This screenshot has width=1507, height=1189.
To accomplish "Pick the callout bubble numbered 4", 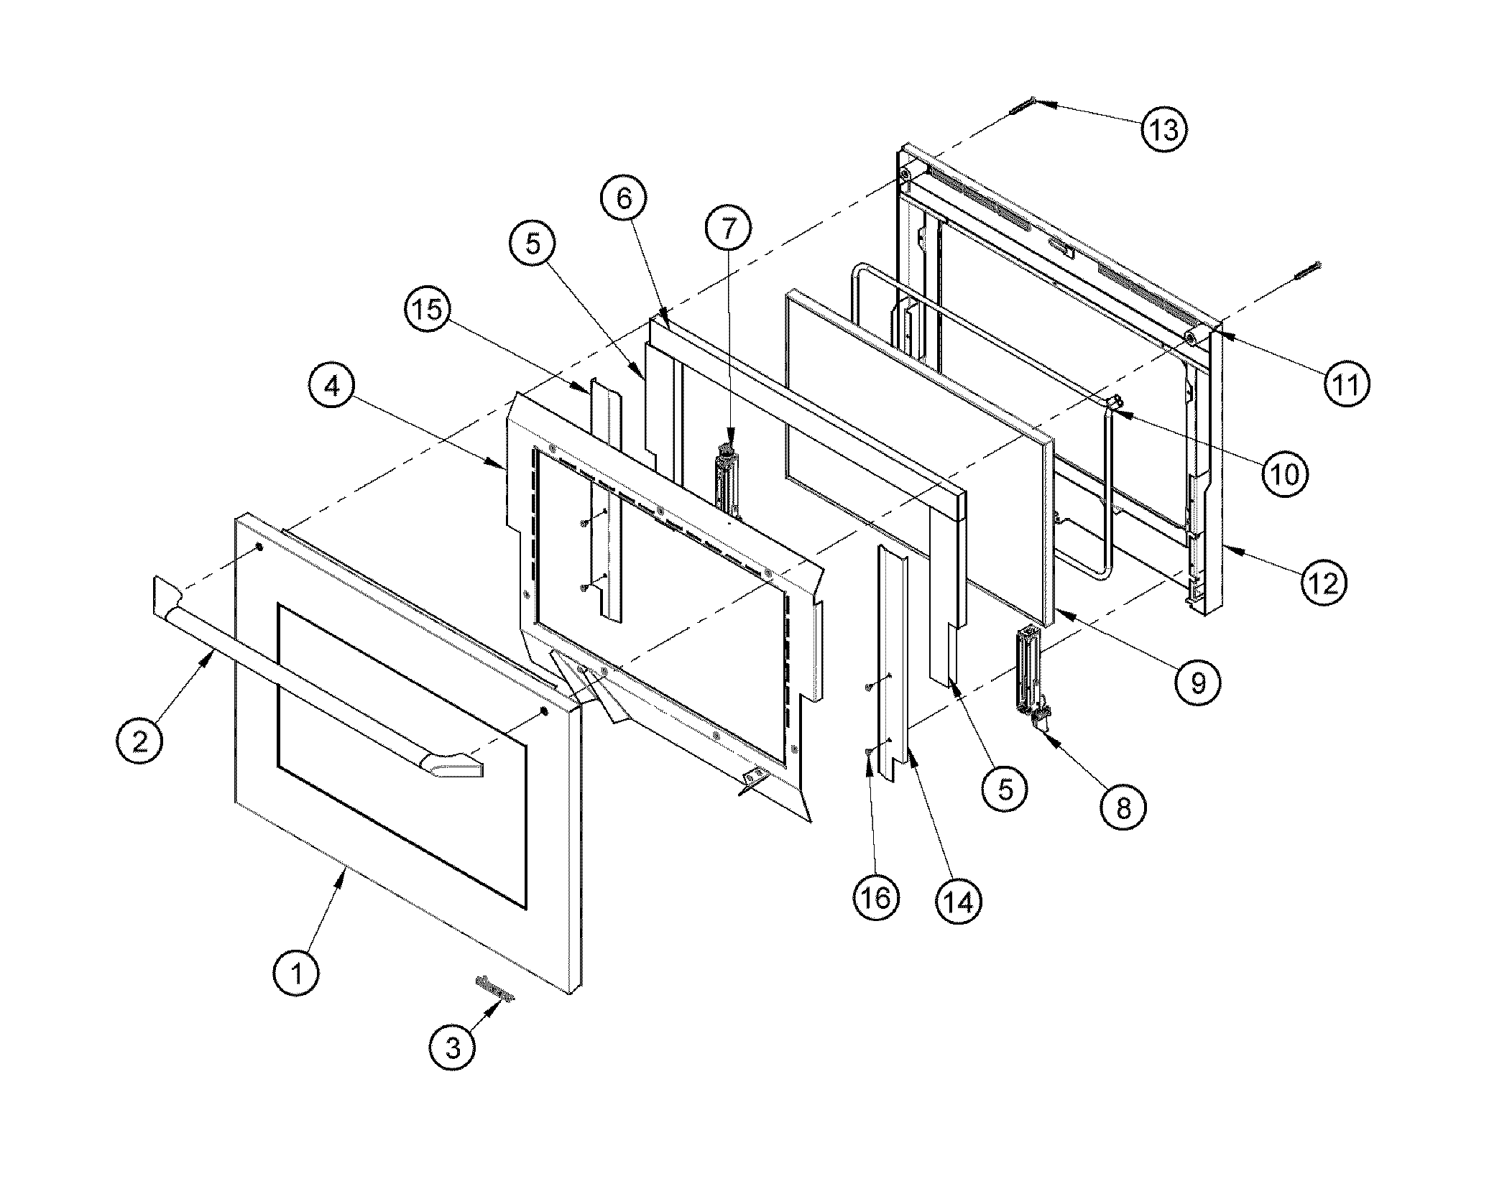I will tap(331, 388).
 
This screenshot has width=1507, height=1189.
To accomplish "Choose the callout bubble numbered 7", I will tap(728, 228).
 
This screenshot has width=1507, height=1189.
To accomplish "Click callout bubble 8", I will tap(1123, 808).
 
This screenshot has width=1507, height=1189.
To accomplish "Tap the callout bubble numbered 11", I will tap(1346, 384).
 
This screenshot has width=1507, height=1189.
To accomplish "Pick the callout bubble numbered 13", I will tap(1163, 129).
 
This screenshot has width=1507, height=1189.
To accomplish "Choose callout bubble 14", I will tap(958, 901).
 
